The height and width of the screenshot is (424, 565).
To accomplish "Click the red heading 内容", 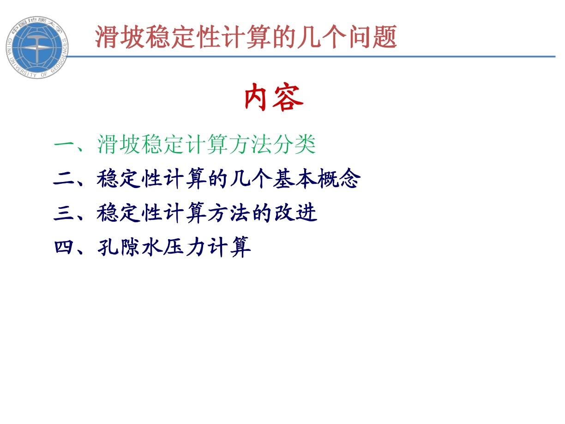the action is [274, 97].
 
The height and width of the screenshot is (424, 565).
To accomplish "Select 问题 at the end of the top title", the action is [373, 37].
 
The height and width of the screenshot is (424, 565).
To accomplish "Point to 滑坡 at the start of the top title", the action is [120, 37].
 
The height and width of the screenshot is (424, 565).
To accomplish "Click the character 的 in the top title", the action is [284, 37].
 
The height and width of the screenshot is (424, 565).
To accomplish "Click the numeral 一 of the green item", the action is [63, 145].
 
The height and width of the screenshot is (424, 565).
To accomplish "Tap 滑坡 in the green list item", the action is [119, 145].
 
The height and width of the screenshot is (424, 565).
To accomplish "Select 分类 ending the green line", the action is [295, 145].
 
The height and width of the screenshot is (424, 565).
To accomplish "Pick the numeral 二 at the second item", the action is [63, 179].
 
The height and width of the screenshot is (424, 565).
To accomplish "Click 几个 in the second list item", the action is [251, 179].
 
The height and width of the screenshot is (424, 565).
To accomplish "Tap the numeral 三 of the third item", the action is [63, 213].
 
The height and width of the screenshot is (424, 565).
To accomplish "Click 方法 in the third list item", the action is [228, 213].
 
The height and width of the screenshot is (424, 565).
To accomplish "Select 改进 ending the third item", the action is [295, 213].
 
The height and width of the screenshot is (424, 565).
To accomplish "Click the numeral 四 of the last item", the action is [63, 247].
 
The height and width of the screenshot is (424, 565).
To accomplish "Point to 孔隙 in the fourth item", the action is [119, 247].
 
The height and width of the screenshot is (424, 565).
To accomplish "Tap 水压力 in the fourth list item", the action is [174, 247].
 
